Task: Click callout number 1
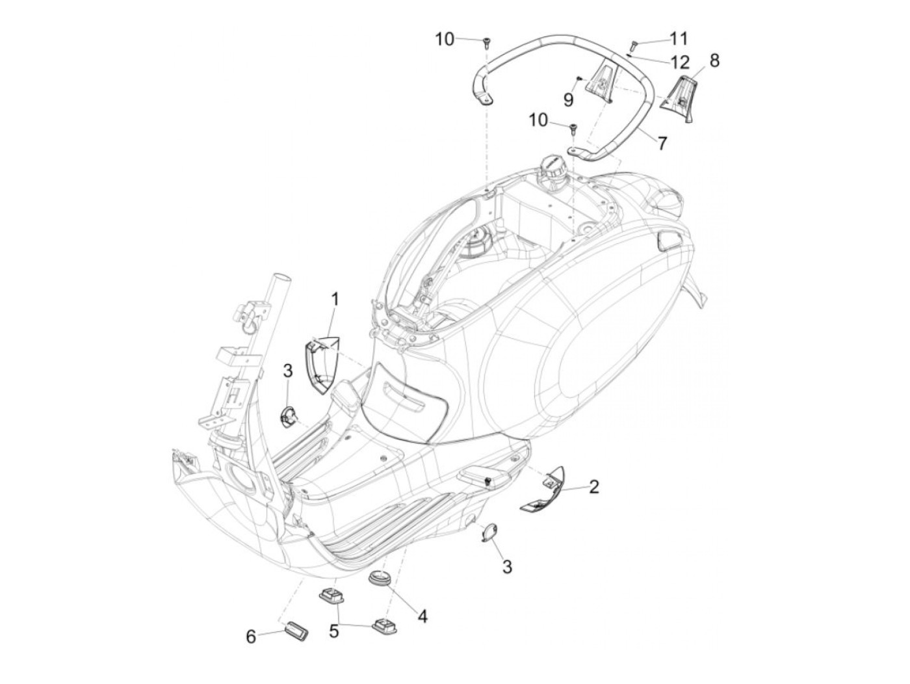[x=335, y=300]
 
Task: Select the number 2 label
[x=593, y=486]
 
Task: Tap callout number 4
[x=422, y=615]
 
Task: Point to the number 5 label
[x=335, y=630]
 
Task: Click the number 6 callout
[x=251, y=637]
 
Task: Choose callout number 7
[x=662, y=142]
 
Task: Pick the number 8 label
[x=714, y=60]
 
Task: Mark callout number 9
[x=569, y=99]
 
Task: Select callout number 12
[x=680, y=62]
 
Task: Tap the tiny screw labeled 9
[x=577, y=78]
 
